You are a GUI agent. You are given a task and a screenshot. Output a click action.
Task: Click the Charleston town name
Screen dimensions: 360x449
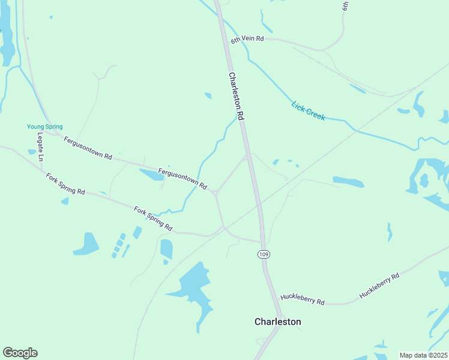277,322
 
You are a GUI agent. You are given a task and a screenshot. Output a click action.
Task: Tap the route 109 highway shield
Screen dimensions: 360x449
263,254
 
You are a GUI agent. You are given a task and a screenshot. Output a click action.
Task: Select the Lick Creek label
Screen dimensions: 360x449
308,110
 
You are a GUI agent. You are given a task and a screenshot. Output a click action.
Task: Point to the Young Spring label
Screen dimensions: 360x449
44,127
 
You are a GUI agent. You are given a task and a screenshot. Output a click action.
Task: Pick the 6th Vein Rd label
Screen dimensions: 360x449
247,39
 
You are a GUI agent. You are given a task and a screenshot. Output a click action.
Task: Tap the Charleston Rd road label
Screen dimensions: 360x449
236,95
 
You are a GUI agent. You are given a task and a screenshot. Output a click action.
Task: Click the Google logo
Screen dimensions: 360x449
20,353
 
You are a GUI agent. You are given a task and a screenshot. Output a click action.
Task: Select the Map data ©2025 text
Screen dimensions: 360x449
424,355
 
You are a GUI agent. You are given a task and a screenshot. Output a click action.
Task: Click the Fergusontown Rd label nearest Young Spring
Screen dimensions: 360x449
88,148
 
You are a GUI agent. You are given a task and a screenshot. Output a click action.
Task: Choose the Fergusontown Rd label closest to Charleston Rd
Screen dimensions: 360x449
182,178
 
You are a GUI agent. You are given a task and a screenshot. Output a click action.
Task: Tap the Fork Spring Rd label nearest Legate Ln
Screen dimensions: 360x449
65,183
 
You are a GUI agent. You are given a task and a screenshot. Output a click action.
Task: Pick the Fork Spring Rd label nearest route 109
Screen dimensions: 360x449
153,219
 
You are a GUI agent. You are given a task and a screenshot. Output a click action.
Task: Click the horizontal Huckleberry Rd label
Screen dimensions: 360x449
303,298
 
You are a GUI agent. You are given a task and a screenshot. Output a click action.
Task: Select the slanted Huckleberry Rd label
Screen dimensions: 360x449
379,286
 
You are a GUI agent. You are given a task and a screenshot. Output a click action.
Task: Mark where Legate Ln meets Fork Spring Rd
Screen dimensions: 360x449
43,170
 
